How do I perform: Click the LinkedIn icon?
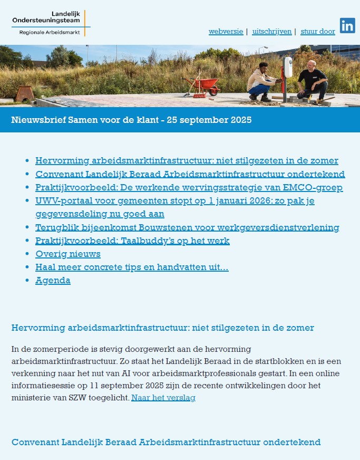(347, 26)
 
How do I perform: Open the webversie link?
(226, 32)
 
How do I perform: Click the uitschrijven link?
(272, 32)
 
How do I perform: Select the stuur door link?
(317, 32)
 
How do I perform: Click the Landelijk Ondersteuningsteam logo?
(51, 22)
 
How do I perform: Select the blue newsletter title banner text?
(131, 120)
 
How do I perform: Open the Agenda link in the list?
(53, 281)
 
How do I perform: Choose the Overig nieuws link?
(67, 254)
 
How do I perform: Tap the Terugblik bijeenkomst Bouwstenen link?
(187, 228)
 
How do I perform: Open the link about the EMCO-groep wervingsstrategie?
(189, 188)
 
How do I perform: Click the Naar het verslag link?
(163, 398)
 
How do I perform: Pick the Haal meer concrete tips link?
(132, 267)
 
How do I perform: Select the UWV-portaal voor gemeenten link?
(174, 201)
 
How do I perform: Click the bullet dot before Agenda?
(27, 281)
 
